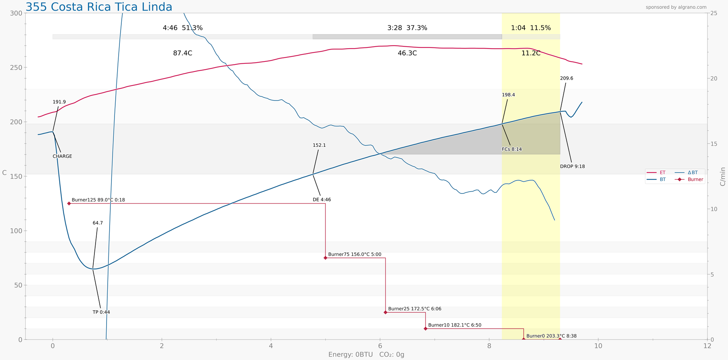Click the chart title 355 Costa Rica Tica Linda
pos(99,7)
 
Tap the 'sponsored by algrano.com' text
pos(676,7)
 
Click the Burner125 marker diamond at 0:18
pos(69,204)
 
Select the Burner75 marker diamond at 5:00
pos(325,258)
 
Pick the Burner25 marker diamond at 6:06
pos(386,312)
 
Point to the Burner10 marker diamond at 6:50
pos(425,329)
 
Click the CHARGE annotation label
pos(62,156)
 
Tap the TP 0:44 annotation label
pos(101,312)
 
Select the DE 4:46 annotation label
pos(322,200)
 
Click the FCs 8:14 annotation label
pos(511,149)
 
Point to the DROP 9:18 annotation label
pos(572,167)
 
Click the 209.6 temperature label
pos(566,79)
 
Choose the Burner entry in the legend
pos(695,179)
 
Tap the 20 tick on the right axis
pos(714,79)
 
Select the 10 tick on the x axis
pos(598,346)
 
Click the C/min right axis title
pos(722,176)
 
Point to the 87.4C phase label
pos(182,53)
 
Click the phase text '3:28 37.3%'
pos(407,28)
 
